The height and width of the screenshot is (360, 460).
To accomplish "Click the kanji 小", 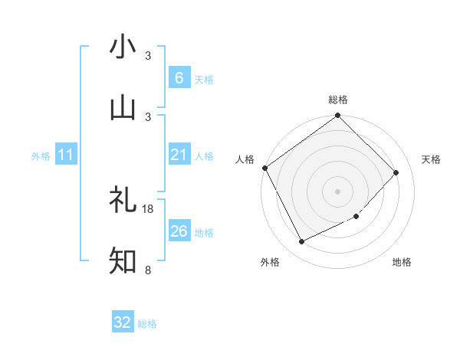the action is pos(123,47).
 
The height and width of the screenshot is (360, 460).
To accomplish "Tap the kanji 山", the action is pos(123,108).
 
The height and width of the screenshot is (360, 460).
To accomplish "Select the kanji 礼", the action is pos(123,201).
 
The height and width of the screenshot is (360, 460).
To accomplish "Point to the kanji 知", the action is pos(123,261).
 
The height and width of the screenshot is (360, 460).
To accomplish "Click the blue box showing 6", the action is pos(179,77).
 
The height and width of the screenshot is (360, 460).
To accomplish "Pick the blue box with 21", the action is pos(179,155).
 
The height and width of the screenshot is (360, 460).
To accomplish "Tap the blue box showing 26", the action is pos(179,231).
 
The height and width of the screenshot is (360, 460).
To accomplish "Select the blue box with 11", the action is pos(66,155).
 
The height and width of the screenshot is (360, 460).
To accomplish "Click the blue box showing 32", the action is pos(123,322).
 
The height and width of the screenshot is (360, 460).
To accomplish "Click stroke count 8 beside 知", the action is pos(148,270).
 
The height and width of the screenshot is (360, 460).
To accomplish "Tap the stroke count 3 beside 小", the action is pos(148,56).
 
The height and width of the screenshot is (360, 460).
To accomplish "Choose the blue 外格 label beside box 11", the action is pos(41,155).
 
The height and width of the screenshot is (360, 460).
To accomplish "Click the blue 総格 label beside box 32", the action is pos(147,324).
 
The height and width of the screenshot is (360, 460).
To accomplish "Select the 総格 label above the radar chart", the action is pos(338,100).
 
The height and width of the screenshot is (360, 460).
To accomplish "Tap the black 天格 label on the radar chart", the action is pos(432,159).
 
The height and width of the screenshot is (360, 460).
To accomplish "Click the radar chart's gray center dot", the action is pos(337,191).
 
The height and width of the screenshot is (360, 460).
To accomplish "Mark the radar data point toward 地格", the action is pos(356,217).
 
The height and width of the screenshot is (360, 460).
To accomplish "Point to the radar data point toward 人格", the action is pos(264,169).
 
